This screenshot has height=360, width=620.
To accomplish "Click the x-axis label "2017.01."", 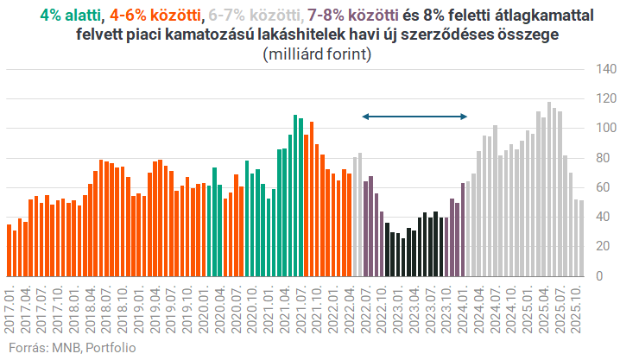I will coord(9,308).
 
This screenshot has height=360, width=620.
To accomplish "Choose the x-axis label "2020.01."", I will coord(204,308).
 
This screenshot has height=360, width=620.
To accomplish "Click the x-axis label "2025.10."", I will coord(576,308).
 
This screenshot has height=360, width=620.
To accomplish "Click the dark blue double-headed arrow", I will coord(414,117).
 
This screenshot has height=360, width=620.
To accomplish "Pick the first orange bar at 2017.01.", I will coord(9,250).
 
